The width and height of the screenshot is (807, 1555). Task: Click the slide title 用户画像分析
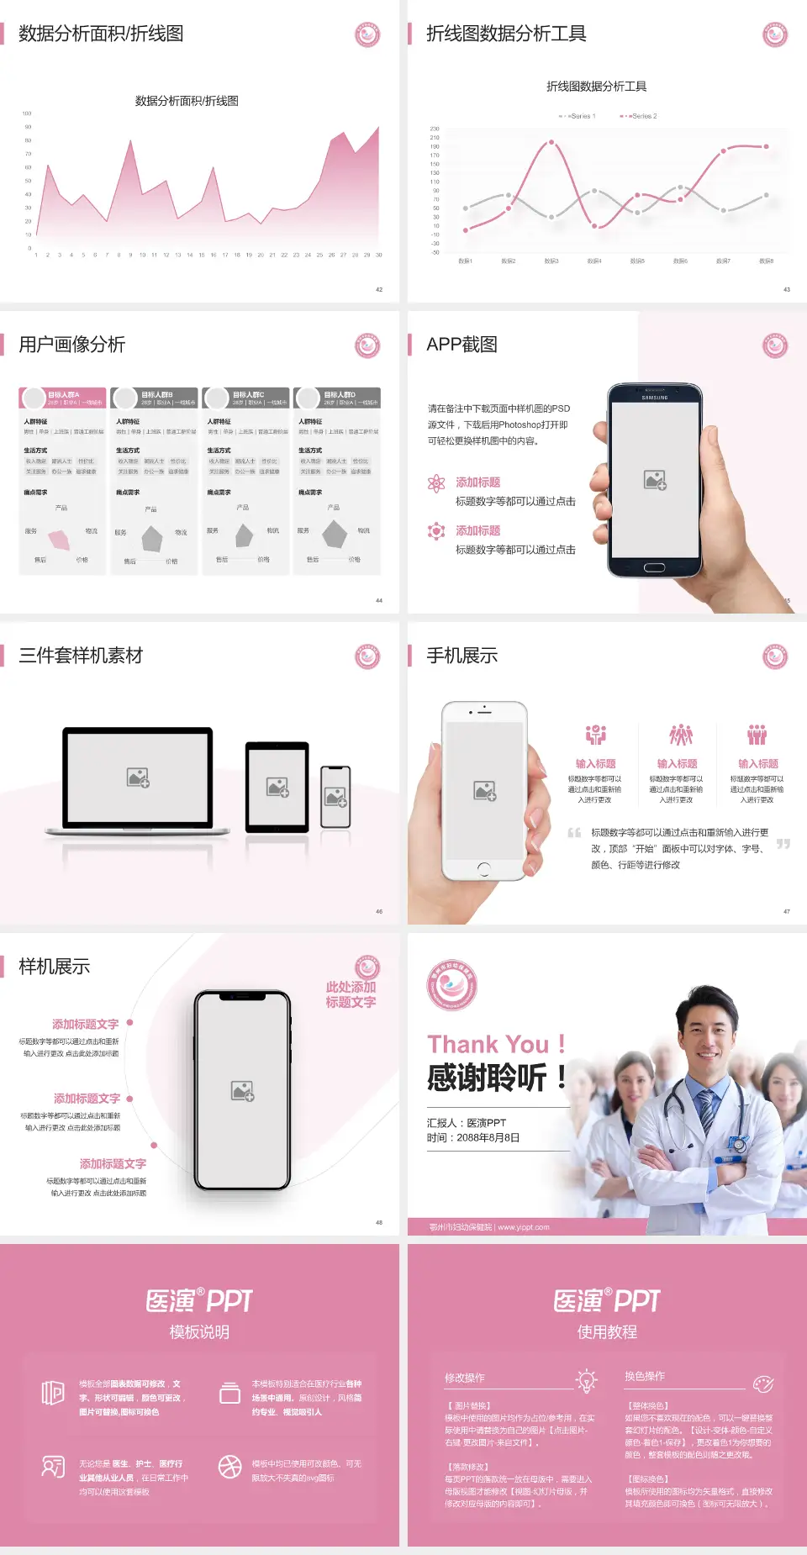tap(72, 345)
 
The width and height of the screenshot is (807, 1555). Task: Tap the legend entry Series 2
tap(641, 116)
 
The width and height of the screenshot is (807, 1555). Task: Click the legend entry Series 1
tap(578, 116)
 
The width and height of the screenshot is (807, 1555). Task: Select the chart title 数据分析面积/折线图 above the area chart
tap(187, 101)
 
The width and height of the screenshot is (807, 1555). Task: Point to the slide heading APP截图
tap(462, 345)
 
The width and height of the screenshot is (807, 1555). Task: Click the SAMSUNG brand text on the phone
tap(655, 398)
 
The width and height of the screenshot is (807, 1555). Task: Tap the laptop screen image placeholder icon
tap(138, 777)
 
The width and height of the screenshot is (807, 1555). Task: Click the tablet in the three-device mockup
tap(277, 787)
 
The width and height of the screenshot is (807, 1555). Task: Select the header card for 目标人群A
tap(63, 398)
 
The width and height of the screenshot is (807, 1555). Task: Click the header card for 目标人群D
tap(337, 398)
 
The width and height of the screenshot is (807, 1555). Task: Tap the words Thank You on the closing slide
tap(488, 1045)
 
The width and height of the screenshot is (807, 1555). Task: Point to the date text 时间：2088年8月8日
tap(473, 1138)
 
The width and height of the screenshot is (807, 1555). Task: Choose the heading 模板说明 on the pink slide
tap(199, 1332)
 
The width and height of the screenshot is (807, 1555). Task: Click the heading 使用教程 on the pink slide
tap(607, 1332)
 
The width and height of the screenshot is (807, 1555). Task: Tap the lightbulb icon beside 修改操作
tap(586, 1380)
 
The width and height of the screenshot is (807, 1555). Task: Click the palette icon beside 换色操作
tap(763, 1384)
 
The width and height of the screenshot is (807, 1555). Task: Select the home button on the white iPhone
tap(483, 868)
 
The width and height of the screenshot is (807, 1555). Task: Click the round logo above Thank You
tap(452, 985)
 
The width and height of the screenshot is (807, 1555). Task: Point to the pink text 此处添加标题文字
tap(351, 994)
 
